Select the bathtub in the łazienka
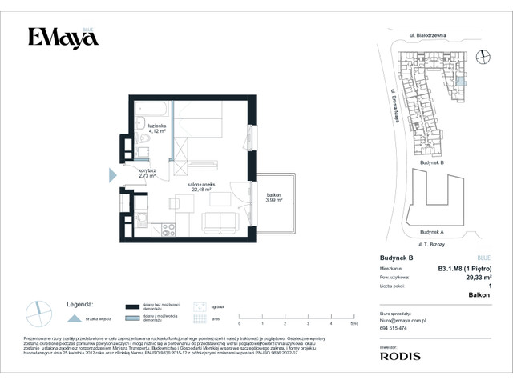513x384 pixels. point(151,108)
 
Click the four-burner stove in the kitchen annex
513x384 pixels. point(168,230)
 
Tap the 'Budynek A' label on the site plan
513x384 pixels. point(431,232)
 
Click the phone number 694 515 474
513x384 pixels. point(394,329)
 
